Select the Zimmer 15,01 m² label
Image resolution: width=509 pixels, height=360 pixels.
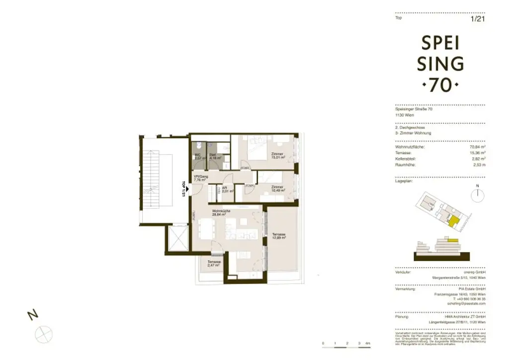point(277,156)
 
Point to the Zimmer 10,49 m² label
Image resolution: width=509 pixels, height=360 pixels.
point(277,188)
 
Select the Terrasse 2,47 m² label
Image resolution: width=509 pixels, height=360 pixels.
point(214,264)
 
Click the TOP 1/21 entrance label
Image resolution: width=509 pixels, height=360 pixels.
point(183,188)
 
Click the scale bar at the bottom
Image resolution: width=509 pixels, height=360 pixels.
point(345,343)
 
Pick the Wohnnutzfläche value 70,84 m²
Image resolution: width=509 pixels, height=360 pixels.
point(478,147)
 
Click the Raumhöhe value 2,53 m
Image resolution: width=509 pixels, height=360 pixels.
point(479,165)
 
